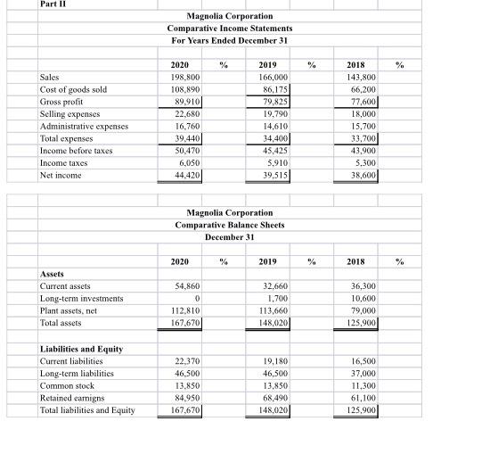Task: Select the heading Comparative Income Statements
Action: (230, 29)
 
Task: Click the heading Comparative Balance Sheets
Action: (230, 225)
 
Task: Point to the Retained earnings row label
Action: (78, 398)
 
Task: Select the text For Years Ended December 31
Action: (230, 41)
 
